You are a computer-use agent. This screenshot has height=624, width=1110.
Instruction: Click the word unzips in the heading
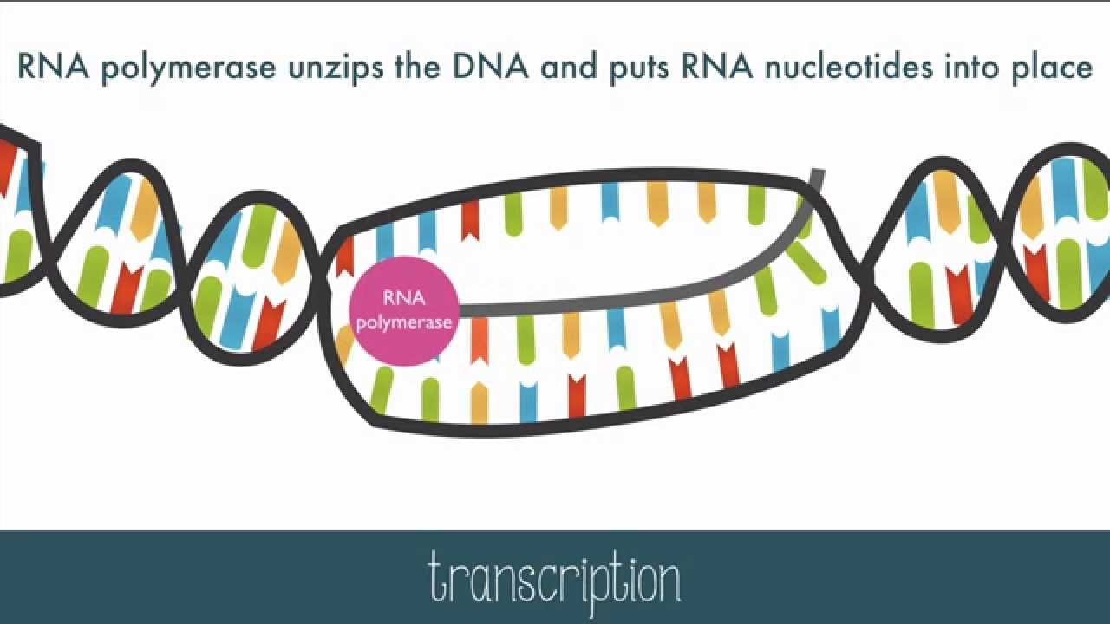pos(336,68)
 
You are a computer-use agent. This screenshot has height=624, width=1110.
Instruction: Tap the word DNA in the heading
pos(490,68)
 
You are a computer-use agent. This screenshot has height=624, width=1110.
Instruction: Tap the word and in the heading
pos(568,68)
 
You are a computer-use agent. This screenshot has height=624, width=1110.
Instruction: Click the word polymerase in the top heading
pos(188,68)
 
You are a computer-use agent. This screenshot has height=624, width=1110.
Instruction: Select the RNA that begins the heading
pos(53,67)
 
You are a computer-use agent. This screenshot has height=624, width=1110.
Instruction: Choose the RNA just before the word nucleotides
pos(716,67)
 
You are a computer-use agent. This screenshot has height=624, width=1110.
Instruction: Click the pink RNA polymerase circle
pos(404,311)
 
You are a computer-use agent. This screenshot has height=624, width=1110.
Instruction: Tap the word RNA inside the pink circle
pos(404,299)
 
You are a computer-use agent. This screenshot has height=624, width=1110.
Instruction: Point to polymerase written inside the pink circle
pos(404,323)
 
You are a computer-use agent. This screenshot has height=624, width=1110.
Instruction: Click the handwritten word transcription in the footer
pos(555,581)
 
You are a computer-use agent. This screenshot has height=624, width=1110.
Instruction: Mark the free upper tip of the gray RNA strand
pos(818,172)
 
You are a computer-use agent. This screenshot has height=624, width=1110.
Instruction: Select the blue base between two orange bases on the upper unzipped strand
pos(610,202)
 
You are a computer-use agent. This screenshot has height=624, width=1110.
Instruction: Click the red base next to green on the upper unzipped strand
pos(470,220)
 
